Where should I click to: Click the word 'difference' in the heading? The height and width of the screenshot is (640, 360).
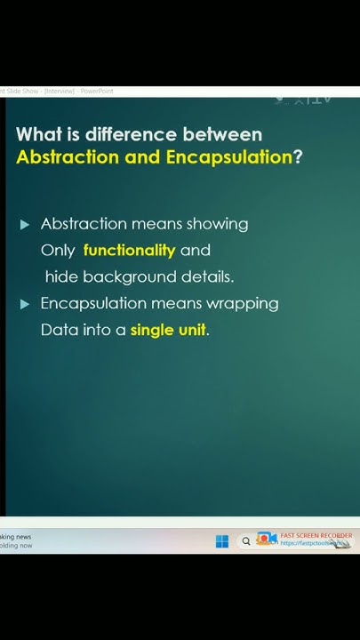point(133,135)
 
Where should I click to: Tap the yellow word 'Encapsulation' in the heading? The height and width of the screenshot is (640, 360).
point(228,157)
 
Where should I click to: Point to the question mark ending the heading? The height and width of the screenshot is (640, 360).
point(298,157)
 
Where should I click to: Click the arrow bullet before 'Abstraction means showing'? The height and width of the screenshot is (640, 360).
point(25,224)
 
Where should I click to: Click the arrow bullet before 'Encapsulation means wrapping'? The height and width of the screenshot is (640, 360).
point(25,304)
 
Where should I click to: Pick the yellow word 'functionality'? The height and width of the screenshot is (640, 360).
point(129,251)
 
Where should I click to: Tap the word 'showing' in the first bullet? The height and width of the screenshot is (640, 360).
point(215,224)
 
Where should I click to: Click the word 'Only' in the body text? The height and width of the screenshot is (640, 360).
point(58,251)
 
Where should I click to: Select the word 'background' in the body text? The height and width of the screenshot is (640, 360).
point(130,277)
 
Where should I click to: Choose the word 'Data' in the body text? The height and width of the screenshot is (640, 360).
point(58,331)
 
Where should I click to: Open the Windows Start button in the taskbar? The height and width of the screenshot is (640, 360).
point(222,540)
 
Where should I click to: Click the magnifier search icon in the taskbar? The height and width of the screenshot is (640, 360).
point(246,540)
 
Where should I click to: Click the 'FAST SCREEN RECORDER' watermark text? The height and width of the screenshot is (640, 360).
point(316,536)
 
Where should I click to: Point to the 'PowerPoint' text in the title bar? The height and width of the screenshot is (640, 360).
point(97,92)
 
